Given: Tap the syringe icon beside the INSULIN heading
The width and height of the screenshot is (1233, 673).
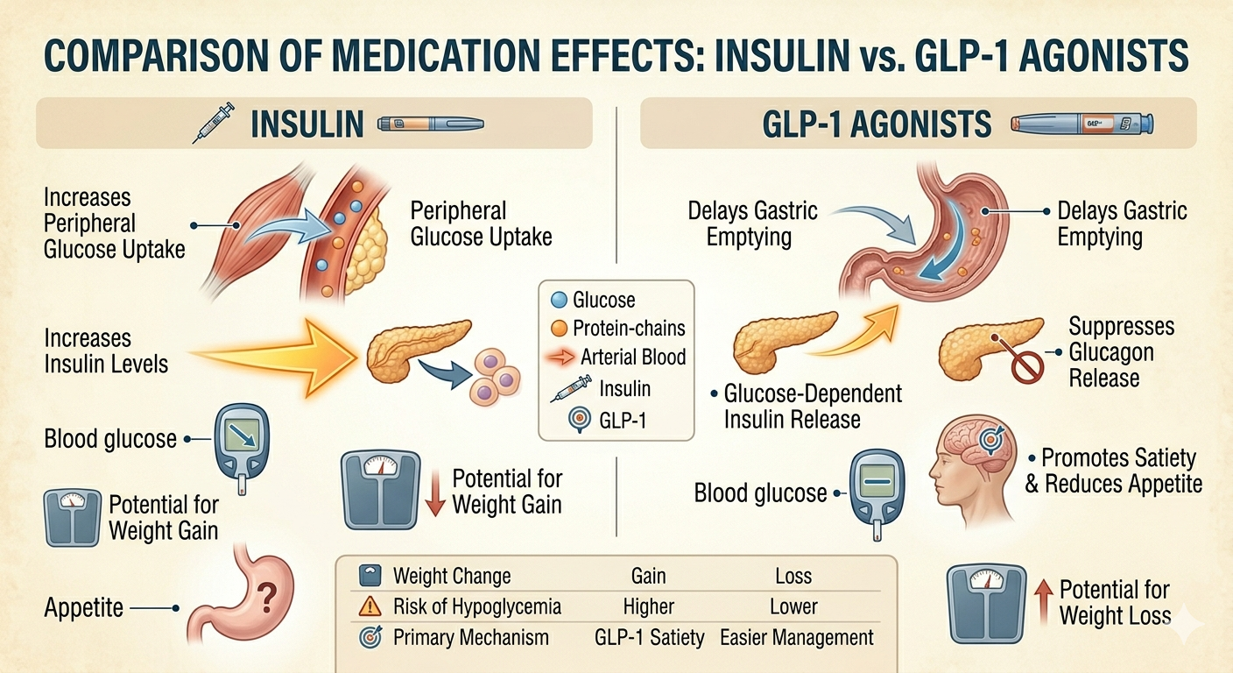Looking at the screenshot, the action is [213, 123].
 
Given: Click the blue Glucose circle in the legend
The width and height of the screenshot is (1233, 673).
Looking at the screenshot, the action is [559, 301].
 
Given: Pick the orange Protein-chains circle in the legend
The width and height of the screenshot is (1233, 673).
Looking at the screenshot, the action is [559, 329].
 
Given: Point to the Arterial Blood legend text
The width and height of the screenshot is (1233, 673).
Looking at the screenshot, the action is [633, 357].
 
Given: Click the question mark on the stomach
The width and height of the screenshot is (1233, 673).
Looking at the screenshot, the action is [267, 599].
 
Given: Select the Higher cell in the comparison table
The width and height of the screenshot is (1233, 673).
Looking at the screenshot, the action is [648, 606].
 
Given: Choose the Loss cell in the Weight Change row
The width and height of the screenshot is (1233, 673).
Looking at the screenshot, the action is [793, 576].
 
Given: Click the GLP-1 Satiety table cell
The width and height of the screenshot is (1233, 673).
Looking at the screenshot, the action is [650, 637].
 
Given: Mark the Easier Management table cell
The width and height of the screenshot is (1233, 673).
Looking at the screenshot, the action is [797, 637].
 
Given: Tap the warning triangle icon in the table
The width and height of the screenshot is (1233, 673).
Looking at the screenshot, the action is [370, 606].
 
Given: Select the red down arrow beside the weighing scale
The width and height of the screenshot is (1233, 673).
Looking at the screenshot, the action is [435, 493].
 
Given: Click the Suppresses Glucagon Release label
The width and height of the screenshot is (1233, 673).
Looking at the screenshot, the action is [1121, 352].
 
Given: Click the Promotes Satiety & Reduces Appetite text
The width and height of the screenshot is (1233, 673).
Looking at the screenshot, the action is [1114, 471].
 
